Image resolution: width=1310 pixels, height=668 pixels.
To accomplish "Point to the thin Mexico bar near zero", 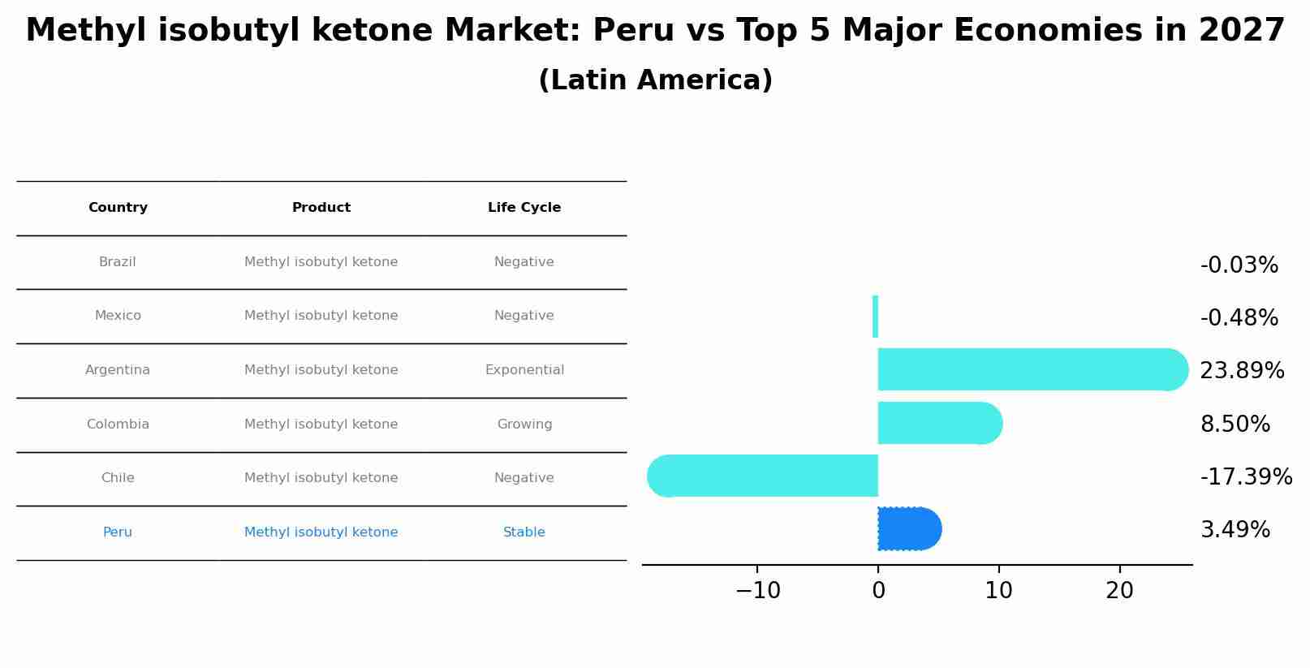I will (x=875, y=317).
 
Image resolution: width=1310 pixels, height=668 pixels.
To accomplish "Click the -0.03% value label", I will (x=1239, y=265).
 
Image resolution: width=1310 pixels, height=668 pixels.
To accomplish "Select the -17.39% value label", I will (x=1245, y=476).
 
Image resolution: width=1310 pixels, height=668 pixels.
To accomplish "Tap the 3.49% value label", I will (x=1235, y=530).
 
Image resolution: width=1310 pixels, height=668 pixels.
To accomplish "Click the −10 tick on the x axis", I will (x=757, y=591).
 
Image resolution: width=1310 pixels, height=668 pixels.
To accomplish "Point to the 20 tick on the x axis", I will (x=1119, y=591).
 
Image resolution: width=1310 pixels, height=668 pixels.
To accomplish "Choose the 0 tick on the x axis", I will (x=878, y=591).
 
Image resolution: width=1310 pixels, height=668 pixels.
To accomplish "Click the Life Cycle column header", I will (x=524, y=208).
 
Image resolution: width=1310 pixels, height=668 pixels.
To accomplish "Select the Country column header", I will (x=118, y=208).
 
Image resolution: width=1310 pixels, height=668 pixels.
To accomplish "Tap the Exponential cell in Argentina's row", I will (x=524, y=370).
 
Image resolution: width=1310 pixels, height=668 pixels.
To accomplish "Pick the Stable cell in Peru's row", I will (x=524, y=532).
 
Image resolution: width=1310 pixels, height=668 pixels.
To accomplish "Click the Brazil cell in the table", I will (x=118, y=262).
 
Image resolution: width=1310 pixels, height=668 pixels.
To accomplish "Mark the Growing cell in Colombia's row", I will (x=524, y=425).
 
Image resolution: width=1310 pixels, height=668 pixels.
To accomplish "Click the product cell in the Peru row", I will (x=321, y=532).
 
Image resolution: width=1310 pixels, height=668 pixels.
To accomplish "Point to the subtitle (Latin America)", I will (x=655, y=80).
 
